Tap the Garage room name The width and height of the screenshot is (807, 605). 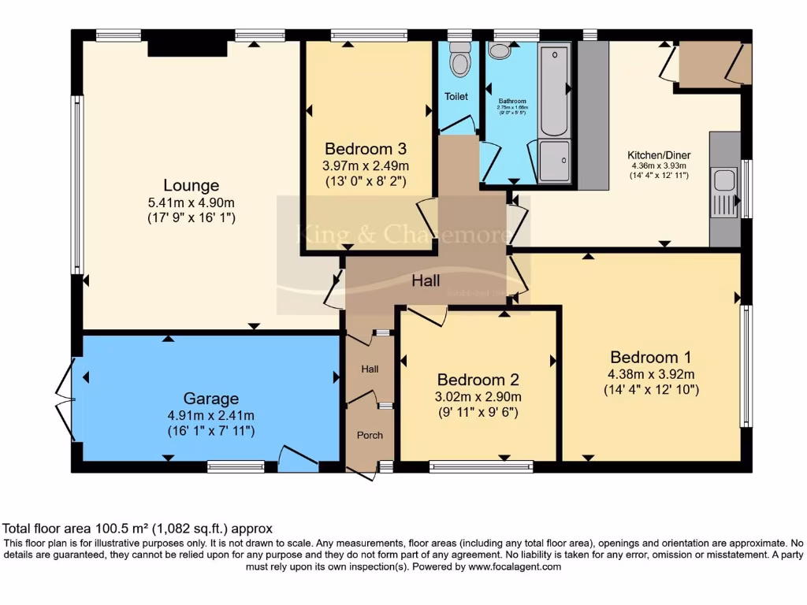(210, 399)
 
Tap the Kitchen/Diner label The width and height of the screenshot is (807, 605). (657, 154)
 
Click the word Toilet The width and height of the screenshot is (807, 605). (456, 97)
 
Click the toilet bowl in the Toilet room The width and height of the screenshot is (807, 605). (458, 58)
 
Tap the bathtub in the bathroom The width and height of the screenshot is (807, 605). (555, 91)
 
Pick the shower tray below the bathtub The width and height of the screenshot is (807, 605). (555, 161)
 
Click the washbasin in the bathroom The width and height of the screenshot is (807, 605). (499, 51)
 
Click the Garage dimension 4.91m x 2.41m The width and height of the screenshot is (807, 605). (210, 415)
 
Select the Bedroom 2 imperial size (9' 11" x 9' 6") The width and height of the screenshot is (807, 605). (478, 412)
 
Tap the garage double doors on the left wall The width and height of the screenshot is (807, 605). (68, 399)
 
